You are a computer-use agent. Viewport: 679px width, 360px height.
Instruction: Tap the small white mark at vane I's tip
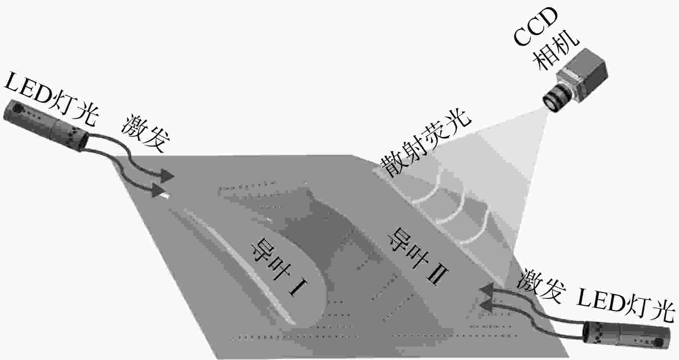tap(165, 196)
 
